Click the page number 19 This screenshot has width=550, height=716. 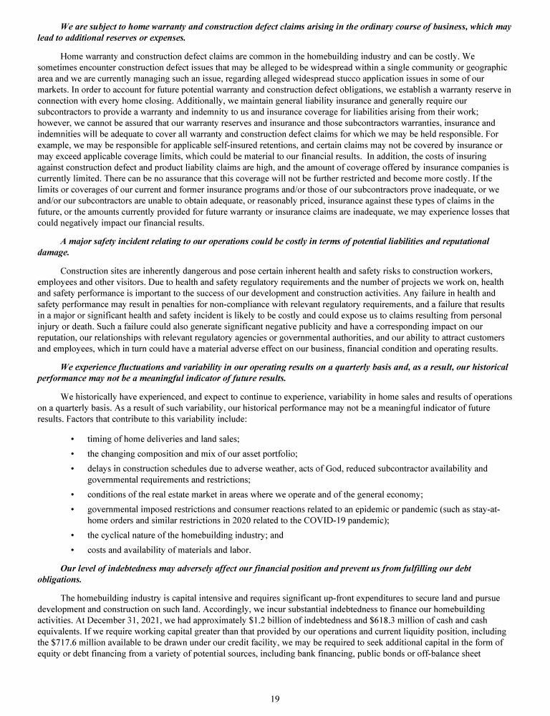point(275,700)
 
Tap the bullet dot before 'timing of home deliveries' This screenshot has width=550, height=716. point(74,437)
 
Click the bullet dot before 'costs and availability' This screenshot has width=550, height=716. point(74,550)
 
